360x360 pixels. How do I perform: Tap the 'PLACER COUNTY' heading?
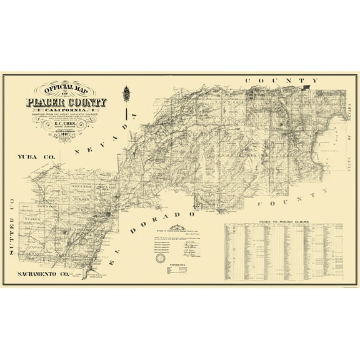point(66,102)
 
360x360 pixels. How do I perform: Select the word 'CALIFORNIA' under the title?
point(66,111)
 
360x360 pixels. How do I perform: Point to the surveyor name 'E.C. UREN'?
point(67,124)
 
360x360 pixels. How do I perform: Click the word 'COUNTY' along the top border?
point(278,81)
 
